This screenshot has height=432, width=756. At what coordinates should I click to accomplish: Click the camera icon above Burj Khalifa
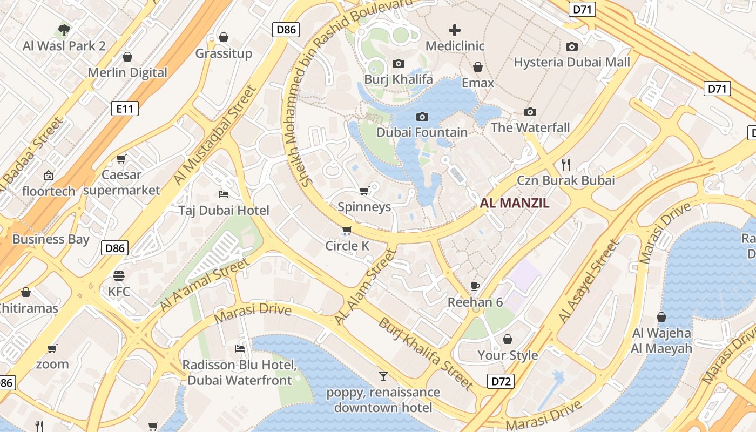pyautogui.click(x=399, y=64)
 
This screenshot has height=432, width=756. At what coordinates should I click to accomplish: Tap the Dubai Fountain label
pyautogui.click(x=422, y=132)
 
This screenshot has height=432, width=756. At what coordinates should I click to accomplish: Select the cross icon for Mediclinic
pyautogui.click(x=455, y=30)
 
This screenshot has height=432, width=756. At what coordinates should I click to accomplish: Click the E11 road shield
pyautogui.click(x=125, y=109)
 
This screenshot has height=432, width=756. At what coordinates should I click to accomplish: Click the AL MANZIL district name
pyautogui.click(x=515, y=203)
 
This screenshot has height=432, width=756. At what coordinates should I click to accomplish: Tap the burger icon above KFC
pyautogui.click(x=119, y=276)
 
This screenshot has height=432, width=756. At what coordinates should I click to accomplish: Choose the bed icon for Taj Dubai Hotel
pyautogui.click(x=224, y=194)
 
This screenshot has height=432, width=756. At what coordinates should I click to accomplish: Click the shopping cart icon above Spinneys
pyautogui.click(x=364, y=191)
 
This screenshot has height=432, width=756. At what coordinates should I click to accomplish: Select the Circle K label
pyautogui.click(x=347, y=246)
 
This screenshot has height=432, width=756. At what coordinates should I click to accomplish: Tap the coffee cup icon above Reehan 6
pyautogui.click(x=475, y=286)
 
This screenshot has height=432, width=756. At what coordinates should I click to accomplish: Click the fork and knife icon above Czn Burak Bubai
pyautogui.click(x=566, y=164)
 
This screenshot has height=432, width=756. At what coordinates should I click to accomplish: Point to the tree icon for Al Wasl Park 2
pyautogui.click(x=64, y=30)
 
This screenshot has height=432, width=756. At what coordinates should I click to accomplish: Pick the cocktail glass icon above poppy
pyautogui.click(x=383, y=376)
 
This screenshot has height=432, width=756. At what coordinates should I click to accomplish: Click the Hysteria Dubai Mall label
pyautogui.click(x=572, y=62)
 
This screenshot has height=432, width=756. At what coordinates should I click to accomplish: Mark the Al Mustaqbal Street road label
pyautogui.click(x=214, y=135)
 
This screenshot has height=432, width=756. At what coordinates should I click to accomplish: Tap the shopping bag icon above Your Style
pyautogui.click(x=508, y=339)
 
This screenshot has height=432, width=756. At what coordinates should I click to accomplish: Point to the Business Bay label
pyautogui.click(x=51, y=239)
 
